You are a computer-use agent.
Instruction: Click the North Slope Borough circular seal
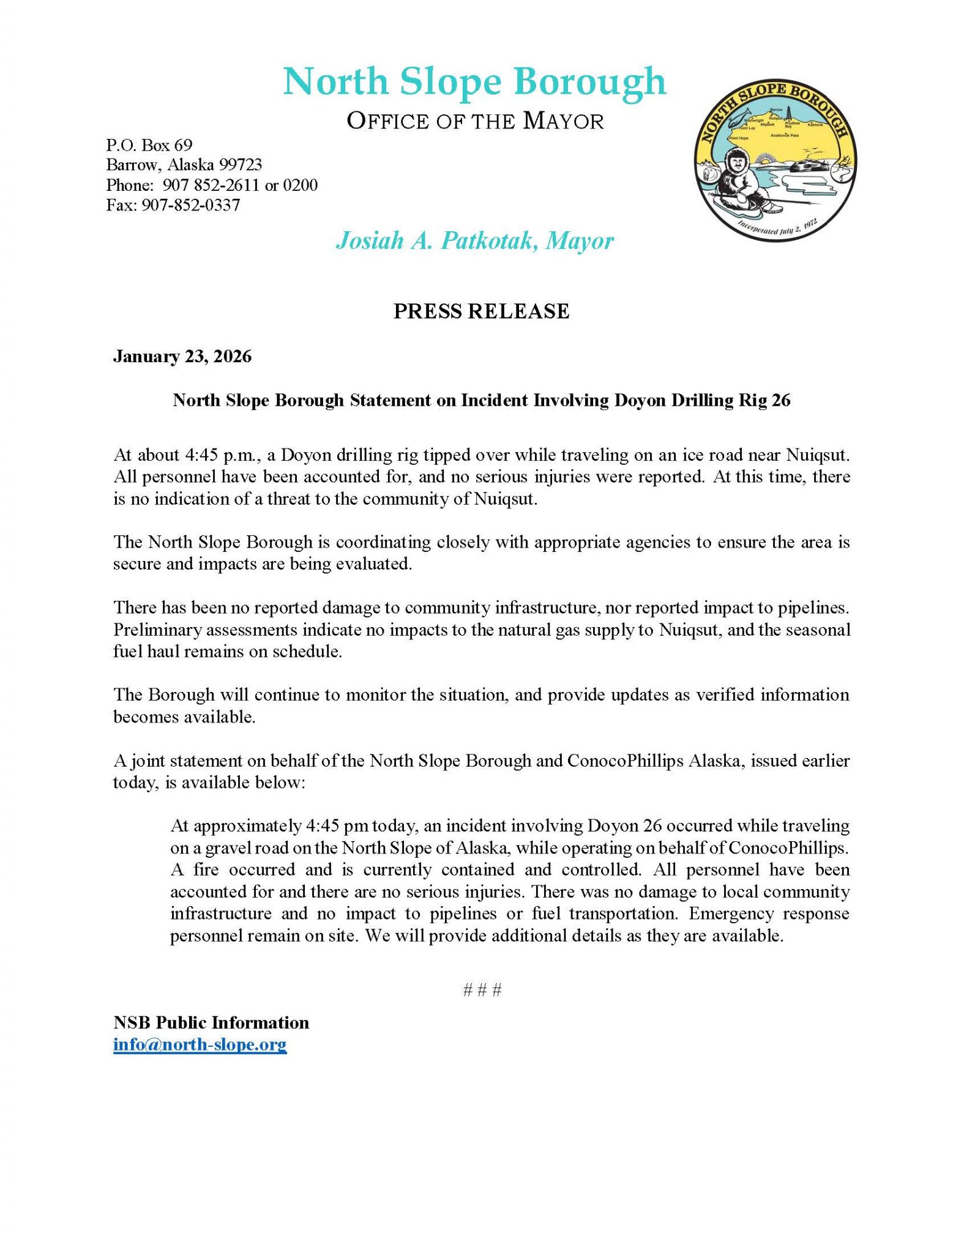point(775,160)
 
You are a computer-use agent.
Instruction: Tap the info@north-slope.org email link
point(200,1044)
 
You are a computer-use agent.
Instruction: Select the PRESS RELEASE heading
point(481,311)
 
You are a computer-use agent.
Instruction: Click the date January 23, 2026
point(182,356)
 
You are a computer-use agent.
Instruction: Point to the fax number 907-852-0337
point(190,205)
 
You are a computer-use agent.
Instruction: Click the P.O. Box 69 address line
point(149,145)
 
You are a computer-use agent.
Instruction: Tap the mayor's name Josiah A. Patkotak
point(436,240)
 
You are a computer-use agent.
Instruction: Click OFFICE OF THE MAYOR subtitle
point(475,121)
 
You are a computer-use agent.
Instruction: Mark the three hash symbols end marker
point(482,989)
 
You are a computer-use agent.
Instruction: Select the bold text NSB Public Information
point(211,1022)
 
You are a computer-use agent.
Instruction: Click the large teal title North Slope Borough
point(474,81)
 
